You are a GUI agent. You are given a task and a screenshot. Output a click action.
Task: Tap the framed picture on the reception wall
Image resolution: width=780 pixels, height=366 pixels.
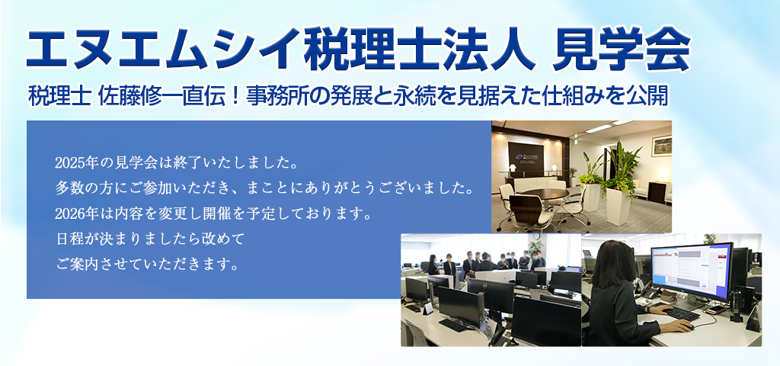click(661, 146)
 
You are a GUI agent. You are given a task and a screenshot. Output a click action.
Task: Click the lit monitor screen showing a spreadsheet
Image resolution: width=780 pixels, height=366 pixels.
click(692, 271)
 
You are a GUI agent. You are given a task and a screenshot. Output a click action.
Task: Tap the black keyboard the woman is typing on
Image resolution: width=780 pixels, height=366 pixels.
click(682, 313)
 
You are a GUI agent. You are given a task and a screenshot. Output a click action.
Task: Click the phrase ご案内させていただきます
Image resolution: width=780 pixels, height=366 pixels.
click(145, 264)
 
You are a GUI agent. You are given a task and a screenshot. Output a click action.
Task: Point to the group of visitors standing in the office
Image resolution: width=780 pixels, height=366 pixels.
click(487, 262)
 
